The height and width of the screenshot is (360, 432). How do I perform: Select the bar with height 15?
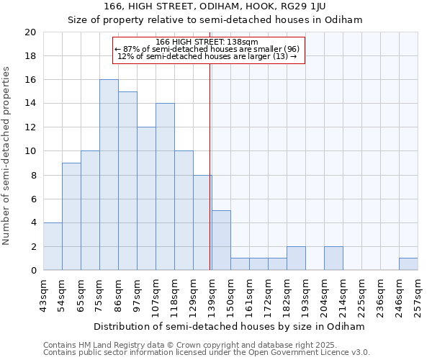[x=127, y=181]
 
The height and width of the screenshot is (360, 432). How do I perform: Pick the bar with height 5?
[x=221, y=240]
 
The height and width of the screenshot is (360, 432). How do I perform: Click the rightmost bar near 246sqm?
[x=408, y=264]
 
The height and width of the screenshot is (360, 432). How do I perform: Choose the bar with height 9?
[x=71, y=217]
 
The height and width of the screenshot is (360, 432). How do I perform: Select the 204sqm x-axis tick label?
[x=324, y=293]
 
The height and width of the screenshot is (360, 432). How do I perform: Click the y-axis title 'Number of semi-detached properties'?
[x=7, y=156]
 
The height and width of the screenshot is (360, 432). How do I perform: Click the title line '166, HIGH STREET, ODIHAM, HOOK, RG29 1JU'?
[x=215, y=6]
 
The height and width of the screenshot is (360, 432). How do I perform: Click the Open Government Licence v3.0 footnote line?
[x=207, y=353]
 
